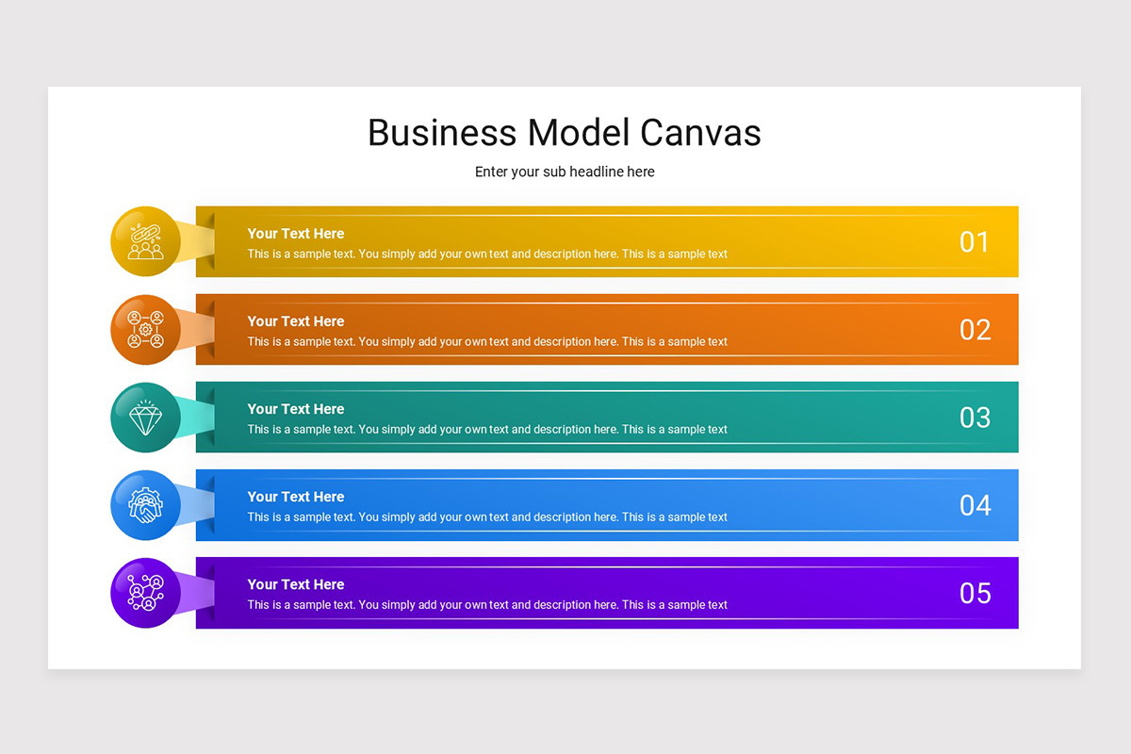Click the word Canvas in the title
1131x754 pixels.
click(x=700, y=133)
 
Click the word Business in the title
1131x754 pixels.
click(x=442, y=133)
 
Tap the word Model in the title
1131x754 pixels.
click(x=579, y=133)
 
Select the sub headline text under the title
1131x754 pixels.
click(x=565, y=172)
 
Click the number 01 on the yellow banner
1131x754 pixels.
click(x=975, y=242)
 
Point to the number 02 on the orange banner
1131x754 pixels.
click(x=975, y=330)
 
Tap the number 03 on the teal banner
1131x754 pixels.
click(x=975, y=418)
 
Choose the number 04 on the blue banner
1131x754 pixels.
click(x=975, y=505)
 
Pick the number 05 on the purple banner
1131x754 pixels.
click(x=975, y=594)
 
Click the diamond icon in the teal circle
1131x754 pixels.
click(x=145, y=418)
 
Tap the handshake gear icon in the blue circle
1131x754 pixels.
click(x=145, y=505)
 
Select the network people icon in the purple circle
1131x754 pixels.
click(x=145, y=593)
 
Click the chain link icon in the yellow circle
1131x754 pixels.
click(x=145, y=242)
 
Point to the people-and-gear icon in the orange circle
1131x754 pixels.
click(x=145, y=330)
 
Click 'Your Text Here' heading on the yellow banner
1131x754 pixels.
click(x=295, y=234)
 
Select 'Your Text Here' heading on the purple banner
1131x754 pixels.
click(x=295, y=584)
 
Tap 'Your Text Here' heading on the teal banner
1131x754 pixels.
click(x=295, y=409)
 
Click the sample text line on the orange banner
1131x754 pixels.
click(x=487, y=342)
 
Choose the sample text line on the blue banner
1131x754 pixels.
click(x=487, y=517)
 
